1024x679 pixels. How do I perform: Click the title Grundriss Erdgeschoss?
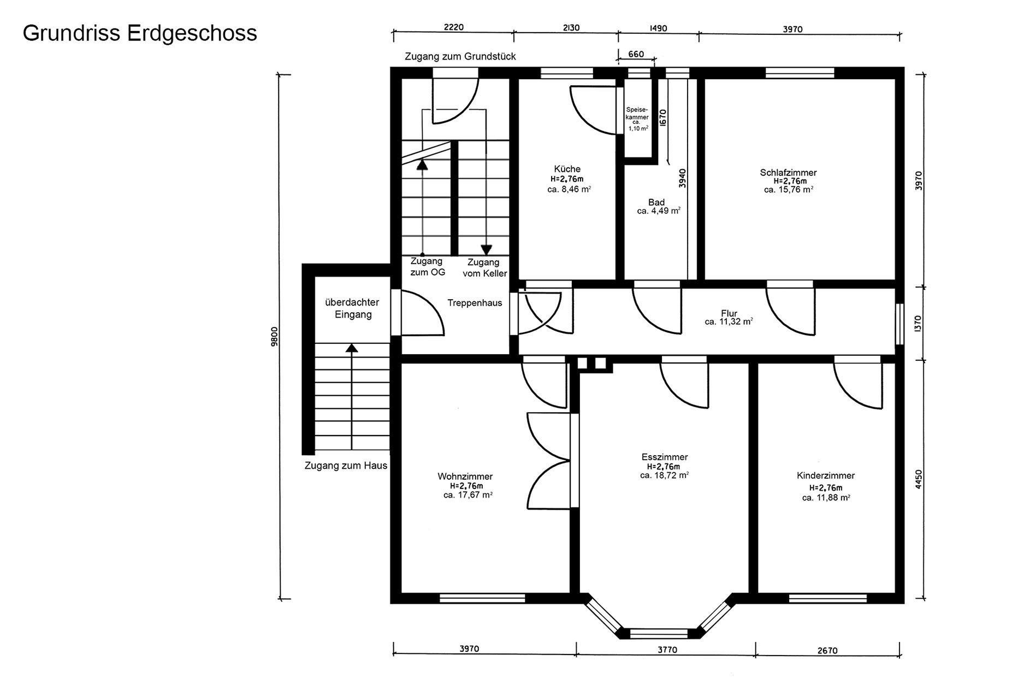click(x=140, y=33)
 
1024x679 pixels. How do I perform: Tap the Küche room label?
click(x=567, y=169)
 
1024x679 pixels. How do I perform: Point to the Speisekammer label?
click(x=637, y=113)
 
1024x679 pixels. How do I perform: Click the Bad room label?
click(x=656, y=202)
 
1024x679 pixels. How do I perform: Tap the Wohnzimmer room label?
click(x=465, y=477)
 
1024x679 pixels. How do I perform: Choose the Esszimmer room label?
click(x=665, y=457)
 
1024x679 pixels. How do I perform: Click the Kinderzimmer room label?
click(x=826, y=476)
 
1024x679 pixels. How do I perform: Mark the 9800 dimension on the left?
click(x=275, y=336)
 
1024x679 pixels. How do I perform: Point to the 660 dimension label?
click(x=636, y=54)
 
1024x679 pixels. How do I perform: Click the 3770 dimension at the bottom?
click(x=667, y=650)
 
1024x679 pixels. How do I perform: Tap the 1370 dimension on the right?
click(x=918, y=324)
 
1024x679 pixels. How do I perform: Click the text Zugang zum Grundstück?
click(x=460, y=56)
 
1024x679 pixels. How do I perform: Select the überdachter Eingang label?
click(x=352, y=308)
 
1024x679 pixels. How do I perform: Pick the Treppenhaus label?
click(x=475, y=303)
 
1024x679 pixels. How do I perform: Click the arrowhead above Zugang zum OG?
click(x=422, y=165)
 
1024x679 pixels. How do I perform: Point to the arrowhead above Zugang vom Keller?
click(x=486, y=250)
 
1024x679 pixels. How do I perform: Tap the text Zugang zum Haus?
click(x=346, y=466)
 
